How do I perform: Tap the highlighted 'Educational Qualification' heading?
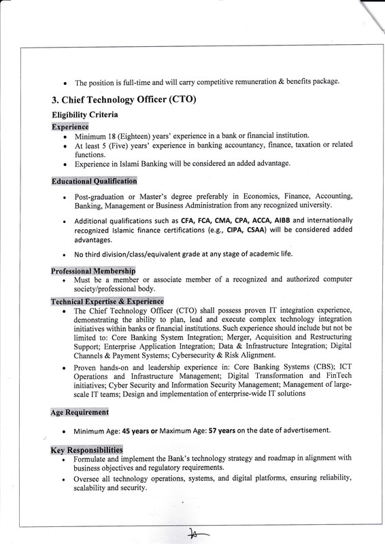pyautogui.click(x=94, y=182)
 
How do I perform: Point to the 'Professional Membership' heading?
pyautogui.click(x=93, y=271)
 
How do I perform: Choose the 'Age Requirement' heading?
pyautogui.click(x=80, y=413)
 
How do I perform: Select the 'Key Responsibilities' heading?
pyautogui.click(x=86, y=450)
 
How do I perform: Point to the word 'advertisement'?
pyautogui.click(x=302, y=430)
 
